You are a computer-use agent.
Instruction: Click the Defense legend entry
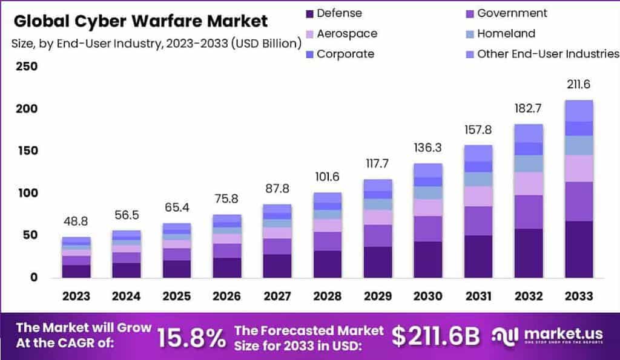[x=339, y=13]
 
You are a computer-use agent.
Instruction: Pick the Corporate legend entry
[x=345, y=54]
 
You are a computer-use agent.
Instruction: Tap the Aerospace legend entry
[x=346, y=33]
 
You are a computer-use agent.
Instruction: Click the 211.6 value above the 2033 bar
[x=578, y=84]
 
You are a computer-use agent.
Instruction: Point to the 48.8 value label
[x=76, y=222]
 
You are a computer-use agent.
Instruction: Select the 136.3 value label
[x=429, y=148]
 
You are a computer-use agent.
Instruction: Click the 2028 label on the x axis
[x=328, y=296]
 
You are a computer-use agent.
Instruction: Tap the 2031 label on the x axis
[x=478, y=296]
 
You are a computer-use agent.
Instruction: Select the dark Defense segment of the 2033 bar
[x=578, y=249]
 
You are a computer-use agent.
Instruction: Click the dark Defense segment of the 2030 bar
[x=429, y=260]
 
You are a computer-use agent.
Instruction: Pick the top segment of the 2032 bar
[x=529, y=133]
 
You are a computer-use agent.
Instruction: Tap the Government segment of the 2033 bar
[x=578, y=201]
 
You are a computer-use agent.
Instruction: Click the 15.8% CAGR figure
[x=191, y=338]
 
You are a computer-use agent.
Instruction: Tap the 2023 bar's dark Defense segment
[x=76, y=271]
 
